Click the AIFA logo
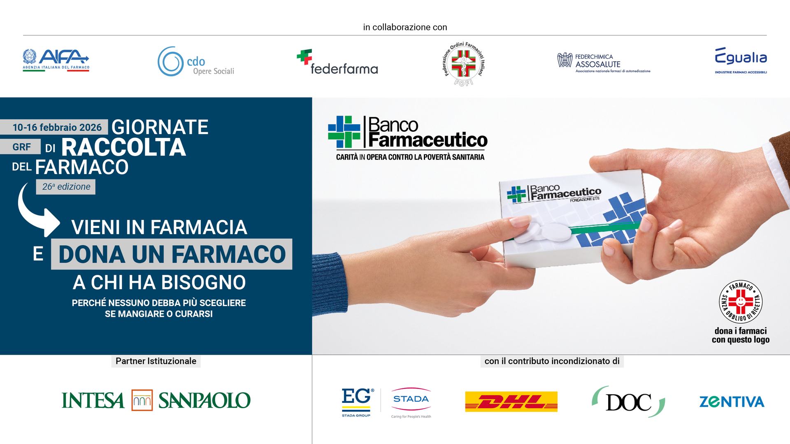coord(56,60)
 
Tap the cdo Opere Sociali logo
coord(196,62)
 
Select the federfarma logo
coord(337,62)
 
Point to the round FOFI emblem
coord(464,64)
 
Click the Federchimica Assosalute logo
coord(604,63)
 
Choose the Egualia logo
coord(741,60)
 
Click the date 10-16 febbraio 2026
coord(57,127)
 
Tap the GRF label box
coord(21,146)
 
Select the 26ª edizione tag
coord(66,187)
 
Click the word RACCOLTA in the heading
coord(123,147)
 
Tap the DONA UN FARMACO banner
coord(172,254)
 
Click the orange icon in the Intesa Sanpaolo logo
coord(142,400)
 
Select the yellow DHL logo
coord(511,402)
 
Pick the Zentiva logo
coord(732,402)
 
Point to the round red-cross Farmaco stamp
coord(741,302)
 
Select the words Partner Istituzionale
coord(156,361)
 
